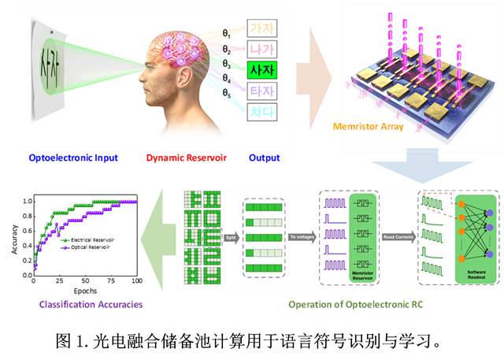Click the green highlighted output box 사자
click(x=262, y=69)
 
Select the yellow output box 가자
click(x=262, y=28)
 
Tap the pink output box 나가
click(x=262, y=48)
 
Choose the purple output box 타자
click(x=262, y=91)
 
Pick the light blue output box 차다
click(x=262, y=113)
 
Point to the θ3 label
click(x=227, y=65)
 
